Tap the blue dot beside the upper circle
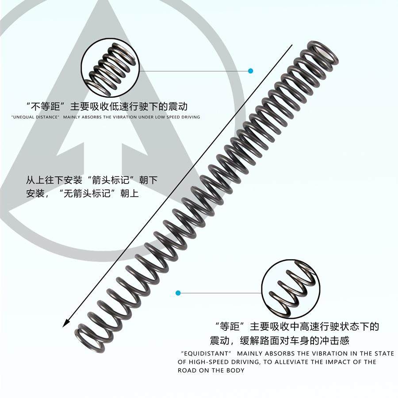coord(251,71)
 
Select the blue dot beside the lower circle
coord(178,293)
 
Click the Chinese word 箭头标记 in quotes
coord(108,181)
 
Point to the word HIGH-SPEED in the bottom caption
coord(205,362)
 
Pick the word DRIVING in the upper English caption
coord(189,117)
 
